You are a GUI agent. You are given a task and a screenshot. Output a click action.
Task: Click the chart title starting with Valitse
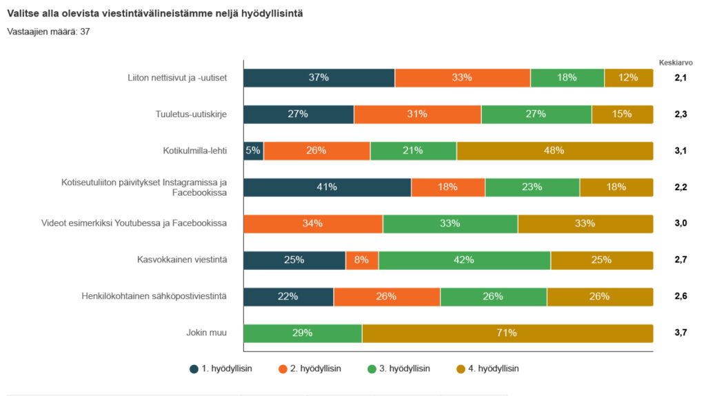(154, 13)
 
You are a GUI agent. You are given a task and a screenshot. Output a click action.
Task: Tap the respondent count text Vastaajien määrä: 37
(48, 32)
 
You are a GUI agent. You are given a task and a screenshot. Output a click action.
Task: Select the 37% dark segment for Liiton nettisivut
(319, 78)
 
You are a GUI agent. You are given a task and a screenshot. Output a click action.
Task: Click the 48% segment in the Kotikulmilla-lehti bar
(554, 151)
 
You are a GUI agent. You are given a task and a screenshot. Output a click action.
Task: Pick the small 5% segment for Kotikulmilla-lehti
(253, 151)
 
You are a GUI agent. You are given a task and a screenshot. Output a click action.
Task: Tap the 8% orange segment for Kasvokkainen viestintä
(362, 260)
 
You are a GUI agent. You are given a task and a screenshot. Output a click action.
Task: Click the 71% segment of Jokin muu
(507, 333)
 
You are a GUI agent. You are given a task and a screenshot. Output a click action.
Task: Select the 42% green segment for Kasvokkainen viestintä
(464, 260)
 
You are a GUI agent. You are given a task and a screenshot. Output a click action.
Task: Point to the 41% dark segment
(327, 187)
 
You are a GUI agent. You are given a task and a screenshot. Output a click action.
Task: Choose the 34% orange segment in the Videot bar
(313, 224)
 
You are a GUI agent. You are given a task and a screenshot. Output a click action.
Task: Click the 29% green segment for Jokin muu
(303, 333)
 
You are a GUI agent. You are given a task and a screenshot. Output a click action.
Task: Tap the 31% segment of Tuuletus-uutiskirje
(417, 114)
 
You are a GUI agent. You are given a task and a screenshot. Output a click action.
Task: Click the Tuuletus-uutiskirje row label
(191, 114)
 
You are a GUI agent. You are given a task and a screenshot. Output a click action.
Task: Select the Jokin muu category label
(206, 333)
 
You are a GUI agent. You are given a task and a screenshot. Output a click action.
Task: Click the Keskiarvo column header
(676, 62)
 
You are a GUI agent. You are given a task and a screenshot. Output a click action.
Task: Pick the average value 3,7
(680, 333)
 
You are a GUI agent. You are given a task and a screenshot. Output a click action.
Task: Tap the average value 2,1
(680, 78)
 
